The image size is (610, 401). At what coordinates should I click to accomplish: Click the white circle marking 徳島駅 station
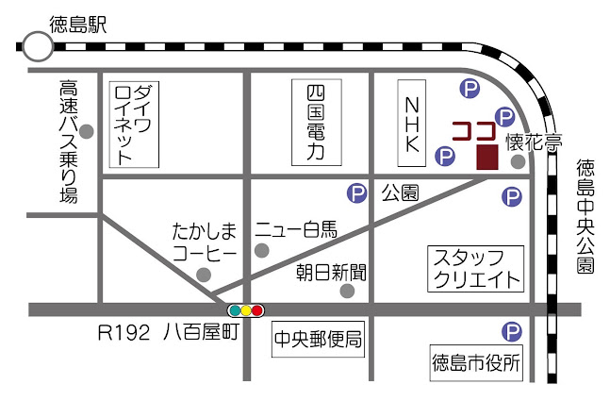(x=38, y=44)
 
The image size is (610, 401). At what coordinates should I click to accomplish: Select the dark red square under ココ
(x=487, y=158)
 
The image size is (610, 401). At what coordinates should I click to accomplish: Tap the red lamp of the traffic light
(x=257, y=309)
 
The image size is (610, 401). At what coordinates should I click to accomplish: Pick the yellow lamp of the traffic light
(x=246, y=309)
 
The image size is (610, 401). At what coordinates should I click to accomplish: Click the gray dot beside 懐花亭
(x=518, y=161)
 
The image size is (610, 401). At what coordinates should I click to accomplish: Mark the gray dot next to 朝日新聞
(x=347, y=291)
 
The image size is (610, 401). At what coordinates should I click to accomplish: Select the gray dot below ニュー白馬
(x=262, y=251)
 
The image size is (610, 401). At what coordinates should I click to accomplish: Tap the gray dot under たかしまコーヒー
(x=204, y=275)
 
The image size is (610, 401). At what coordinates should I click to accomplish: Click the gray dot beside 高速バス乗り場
(x=88, y=131)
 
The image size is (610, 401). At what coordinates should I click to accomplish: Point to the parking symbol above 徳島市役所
(x=510, y=331)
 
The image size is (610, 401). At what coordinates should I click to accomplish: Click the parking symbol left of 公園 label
(x=357, y=193)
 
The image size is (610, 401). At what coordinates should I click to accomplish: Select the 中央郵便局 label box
(x=318, y=340)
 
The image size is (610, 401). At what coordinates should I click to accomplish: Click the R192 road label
(x=124, y=332)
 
